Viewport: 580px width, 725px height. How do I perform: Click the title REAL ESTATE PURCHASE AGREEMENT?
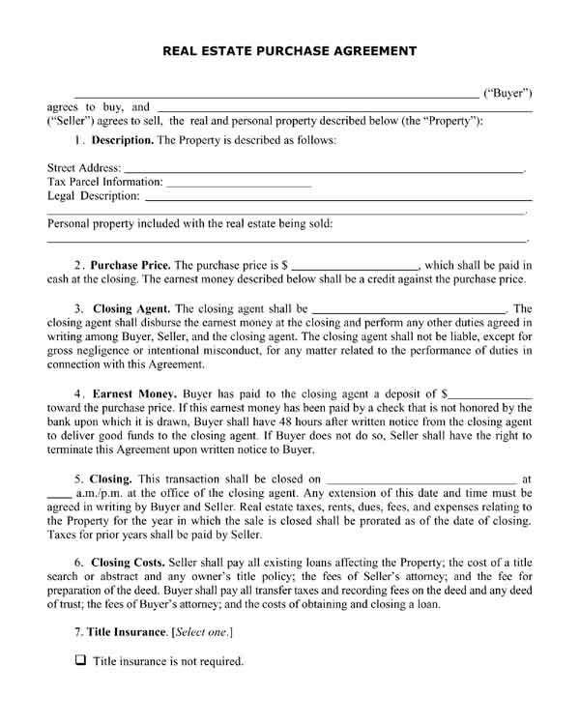[x=290, y=50]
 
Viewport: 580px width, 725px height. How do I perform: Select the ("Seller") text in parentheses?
[x=70, y=121]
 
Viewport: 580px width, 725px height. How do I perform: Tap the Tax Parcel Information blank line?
[x=239, y=183]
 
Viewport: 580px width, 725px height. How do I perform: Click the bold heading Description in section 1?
[x=122, y=141]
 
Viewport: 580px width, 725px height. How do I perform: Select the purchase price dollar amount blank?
[x=355, y=265]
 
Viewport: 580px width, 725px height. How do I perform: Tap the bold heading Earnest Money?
[x=134, y=394]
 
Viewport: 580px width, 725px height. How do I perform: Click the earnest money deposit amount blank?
[x=491, y=395]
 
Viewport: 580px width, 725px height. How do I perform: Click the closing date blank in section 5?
[x=421, y=478]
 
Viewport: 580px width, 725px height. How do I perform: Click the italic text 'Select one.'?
[x=202, y=632]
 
